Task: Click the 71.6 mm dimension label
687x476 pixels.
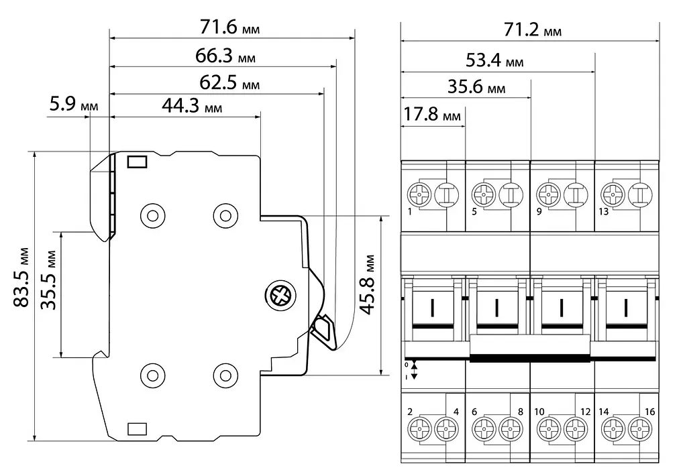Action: (230, 27)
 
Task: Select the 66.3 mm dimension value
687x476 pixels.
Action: (225, 56)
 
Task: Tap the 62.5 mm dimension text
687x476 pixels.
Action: (229, 82)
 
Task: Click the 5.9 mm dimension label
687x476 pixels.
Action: (74, 104)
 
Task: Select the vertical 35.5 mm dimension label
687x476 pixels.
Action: (48, 280)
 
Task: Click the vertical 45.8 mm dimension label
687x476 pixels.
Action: (368, 285)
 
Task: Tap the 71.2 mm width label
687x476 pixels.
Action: (532, 29)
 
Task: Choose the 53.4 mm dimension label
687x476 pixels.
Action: (494, 60)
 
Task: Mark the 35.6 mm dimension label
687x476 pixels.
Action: (476, 86)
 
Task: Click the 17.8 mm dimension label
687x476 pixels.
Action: (431, 114)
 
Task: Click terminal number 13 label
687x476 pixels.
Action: (603, 211)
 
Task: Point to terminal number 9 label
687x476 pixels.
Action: (539, 211)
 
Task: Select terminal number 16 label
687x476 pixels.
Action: (649, 412)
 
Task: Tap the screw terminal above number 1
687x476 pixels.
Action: (420, 194)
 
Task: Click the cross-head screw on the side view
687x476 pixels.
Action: (281, 296)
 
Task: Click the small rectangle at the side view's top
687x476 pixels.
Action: (137, 162)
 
